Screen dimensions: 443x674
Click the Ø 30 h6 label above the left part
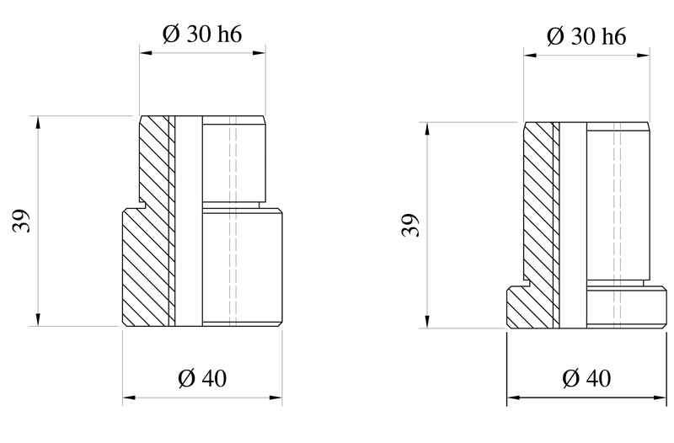[x=202, y=35]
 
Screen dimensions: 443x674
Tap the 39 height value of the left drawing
[x=23, y=221]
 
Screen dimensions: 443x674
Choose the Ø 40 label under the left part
[x=203, y=378]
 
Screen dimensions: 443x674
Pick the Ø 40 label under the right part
[x=586, y=379]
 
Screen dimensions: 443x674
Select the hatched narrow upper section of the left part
[x=153, y=160]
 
